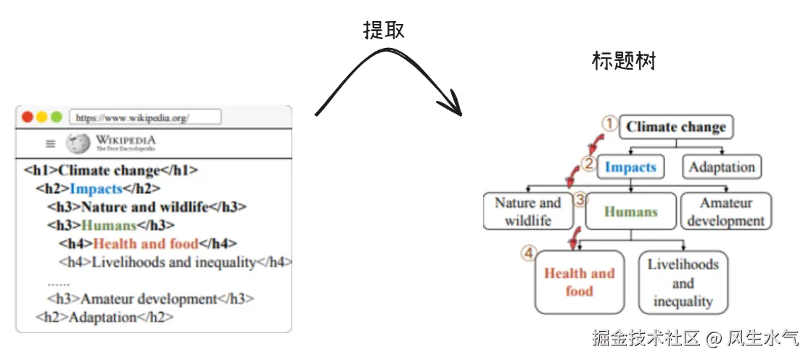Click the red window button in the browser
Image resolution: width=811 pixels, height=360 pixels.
pyautogui.click(x=28, y=117)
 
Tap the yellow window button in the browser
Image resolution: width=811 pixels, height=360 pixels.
pyautogui.click(x=42, y=117)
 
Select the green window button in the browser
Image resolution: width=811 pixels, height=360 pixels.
pyautogui.click(x=56, y=117)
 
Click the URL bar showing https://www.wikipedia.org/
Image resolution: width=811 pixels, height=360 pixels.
pyautogui.click(x=145, y=117)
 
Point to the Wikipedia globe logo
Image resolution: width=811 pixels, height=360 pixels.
pyautogui.click(x=78, y=144)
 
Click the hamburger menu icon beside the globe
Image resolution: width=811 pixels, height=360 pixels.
pyautogui.click(x=50, y=144)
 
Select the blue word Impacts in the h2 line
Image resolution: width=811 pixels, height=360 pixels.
pyautogui.click(x=96, y=189)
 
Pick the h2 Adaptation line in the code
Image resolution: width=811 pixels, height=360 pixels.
pyautogui.click(x=104, y=317)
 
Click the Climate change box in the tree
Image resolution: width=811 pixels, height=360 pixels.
pyautogui.click(x=676, y=127)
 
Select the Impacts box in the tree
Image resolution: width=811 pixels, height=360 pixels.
pyautogui.click(x=630, y=167)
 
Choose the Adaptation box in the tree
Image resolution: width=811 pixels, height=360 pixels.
pyautogui.click(x=722, y=167)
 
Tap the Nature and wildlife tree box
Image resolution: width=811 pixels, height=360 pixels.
pyautogui.click(x=527, y=211)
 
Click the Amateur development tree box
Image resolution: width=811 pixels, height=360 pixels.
pyautogui.click(x=725, y=211)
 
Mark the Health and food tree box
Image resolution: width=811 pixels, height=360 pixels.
pyautogui.click(x=579, y=282)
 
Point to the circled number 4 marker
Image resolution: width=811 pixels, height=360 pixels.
pyautogui.click(x=529, y=253)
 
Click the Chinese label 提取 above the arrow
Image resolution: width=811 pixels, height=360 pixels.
pyautogui.click(x=384, y=30)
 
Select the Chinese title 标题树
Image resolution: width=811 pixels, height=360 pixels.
pyautogui.click(x=624, y=61)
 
